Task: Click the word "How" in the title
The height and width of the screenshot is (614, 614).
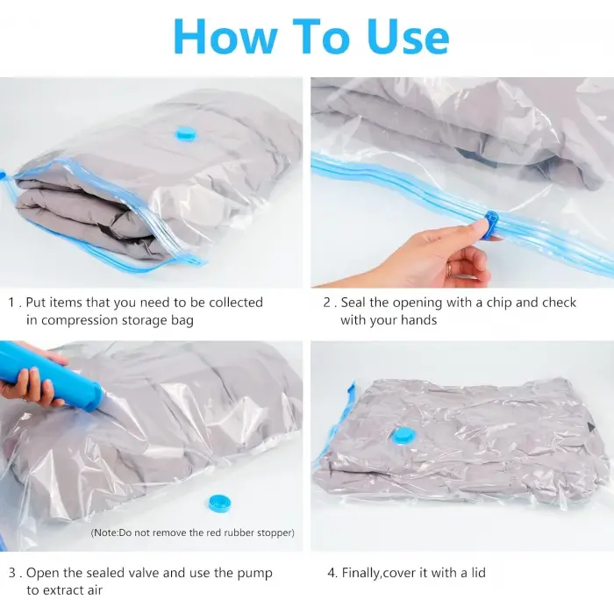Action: point(225,37)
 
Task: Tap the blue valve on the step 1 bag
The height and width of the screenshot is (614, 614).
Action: point(186,134)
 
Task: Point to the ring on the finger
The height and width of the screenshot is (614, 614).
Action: point(449,270)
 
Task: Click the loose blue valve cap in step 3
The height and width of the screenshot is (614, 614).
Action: point(219,503)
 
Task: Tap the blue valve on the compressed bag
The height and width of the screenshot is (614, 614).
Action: point(403,437)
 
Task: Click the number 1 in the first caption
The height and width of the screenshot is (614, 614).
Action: point(11,303)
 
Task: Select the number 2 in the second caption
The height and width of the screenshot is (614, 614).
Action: point(327,303)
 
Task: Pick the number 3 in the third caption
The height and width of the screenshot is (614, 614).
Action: point(12,573)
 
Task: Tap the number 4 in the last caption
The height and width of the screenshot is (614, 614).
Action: point(332,573)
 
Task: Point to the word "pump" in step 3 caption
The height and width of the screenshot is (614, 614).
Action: point(255,574)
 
